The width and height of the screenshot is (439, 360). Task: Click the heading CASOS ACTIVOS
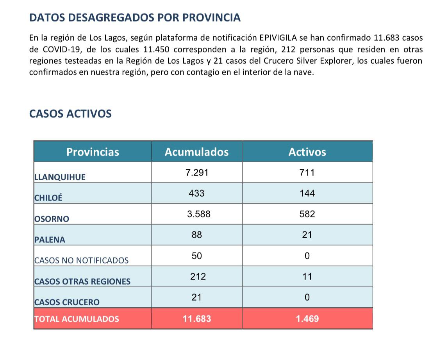pos(70,114)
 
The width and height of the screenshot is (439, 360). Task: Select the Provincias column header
pos(93,152)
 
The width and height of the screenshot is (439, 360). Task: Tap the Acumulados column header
pos(196,152)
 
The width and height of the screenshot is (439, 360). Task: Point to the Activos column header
pos(307,152)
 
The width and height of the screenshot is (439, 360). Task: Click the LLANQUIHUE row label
pos(60,177)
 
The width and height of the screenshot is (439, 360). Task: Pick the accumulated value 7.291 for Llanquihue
pos(197,172)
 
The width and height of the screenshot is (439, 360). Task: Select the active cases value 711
pos(307,172)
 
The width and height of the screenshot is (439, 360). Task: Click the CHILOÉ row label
pos(48,197)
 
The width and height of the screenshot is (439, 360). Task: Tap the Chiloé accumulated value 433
pos(196,193)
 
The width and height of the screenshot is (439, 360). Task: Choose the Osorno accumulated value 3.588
pos(199,214)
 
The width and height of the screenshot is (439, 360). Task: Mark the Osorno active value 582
pos(307,214)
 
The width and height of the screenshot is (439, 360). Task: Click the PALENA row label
pos(50,240)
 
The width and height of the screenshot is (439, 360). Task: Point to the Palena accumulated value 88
pos(197,235)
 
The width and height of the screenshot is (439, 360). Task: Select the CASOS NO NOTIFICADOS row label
pos(82,261)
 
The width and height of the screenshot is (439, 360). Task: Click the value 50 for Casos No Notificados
pos(197,256)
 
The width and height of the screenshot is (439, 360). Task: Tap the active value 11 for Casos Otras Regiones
pos(307,276)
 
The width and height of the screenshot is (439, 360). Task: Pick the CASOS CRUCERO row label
pos(67,302)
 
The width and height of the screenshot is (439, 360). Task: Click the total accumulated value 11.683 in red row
pos(197,319)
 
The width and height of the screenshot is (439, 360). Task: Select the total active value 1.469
pos(307,319)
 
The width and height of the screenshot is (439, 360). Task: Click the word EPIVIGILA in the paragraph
pos(278,38)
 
